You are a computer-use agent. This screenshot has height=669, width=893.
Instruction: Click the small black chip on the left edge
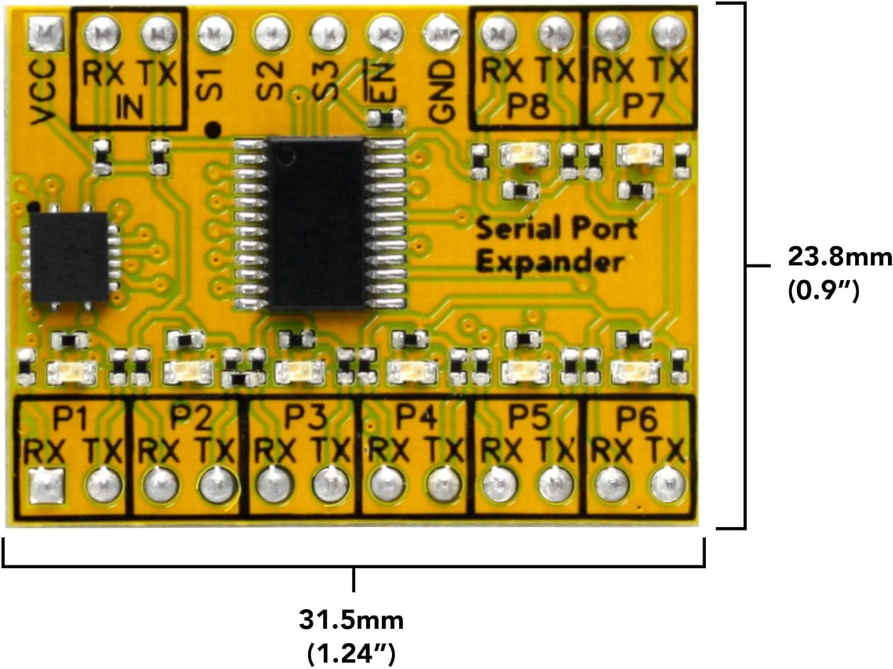click(x=70, y=257)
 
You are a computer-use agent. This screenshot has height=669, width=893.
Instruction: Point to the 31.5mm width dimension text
click(x=351, y=620)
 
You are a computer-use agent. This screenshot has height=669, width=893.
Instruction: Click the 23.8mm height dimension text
click(x=839, y=257)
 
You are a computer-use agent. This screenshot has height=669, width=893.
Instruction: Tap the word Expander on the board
click(x=549, y=262)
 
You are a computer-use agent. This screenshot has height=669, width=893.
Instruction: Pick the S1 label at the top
click(x=210, y=83)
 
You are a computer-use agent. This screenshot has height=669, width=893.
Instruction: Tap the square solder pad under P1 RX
click(x=46, y=486)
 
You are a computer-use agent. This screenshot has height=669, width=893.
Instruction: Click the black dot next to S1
click(x=213, y=128)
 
